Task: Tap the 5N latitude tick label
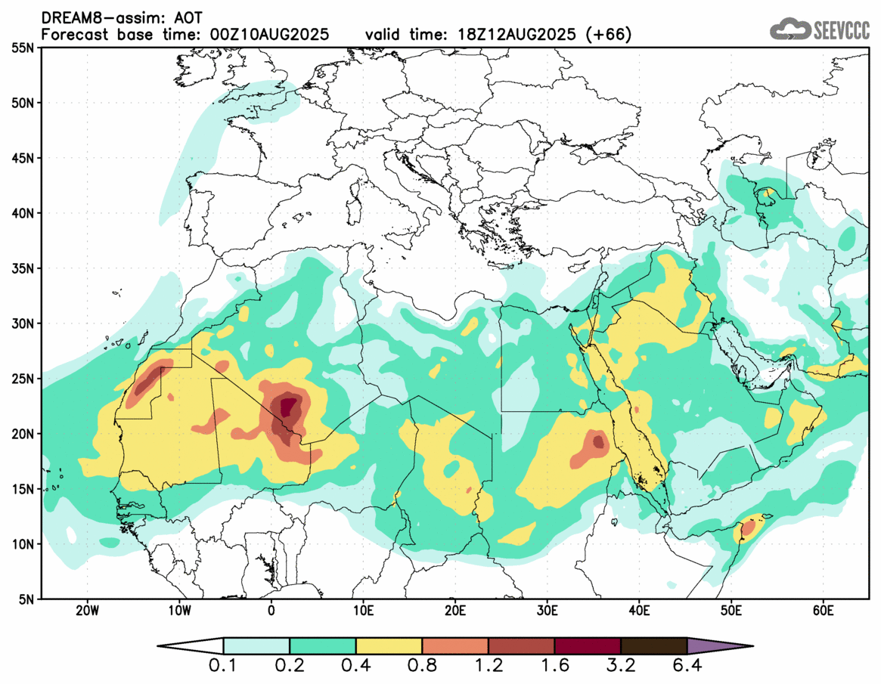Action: [x=25, y=599]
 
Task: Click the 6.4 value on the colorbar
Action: [x=687, y=667]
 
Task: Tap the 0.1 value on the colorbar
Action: [x=223, y=667]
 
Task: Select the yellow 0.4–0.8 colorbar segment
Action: [x=389, y=646]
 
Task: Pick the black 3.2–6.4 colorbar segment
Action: [x=653, y=646]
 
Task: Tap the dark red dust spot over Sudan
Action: [x=598, y=441]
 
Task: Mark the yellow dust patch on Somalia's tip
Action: [x=749, y=526]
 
